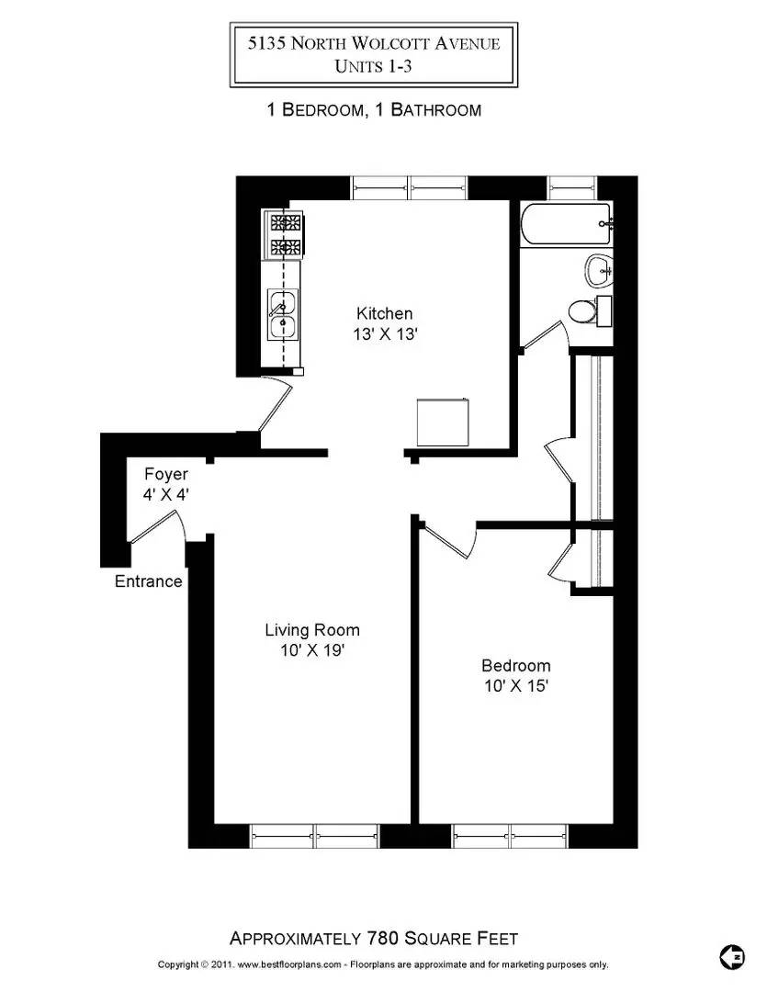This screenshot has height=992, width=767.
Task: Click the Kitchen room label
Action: (385, 313)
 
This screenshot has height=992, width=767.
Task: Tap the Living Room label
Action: (312, 630)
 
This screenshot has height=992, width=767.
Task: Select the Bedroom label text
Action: (516, 666)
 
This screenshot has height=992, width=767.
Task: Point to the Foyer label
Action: (166, 475)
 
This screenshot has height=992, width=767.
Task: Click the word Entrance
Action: (149, 581)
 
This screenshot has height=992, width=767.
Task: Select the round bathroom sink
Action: (598, 269)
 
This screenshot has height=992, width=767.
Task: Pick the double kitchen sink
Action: (282, 315)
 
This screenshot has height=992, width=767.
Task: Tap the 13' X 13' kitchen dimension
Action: (386, 334)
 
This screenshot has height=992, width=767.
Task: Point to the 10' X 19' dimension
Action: (312, 650)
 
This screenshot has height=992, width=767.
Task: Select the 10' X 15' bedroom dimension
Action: (516, 686)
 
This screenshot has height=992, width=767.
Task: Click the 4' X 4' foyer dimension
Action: (166, 495)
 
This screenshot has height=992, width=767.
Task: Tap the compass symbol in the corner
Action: (732, 956)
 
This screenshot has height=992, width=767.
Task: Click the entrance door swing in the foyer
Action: (158, 531)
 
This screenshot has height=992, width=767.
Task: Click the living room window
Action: (315, 835)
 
